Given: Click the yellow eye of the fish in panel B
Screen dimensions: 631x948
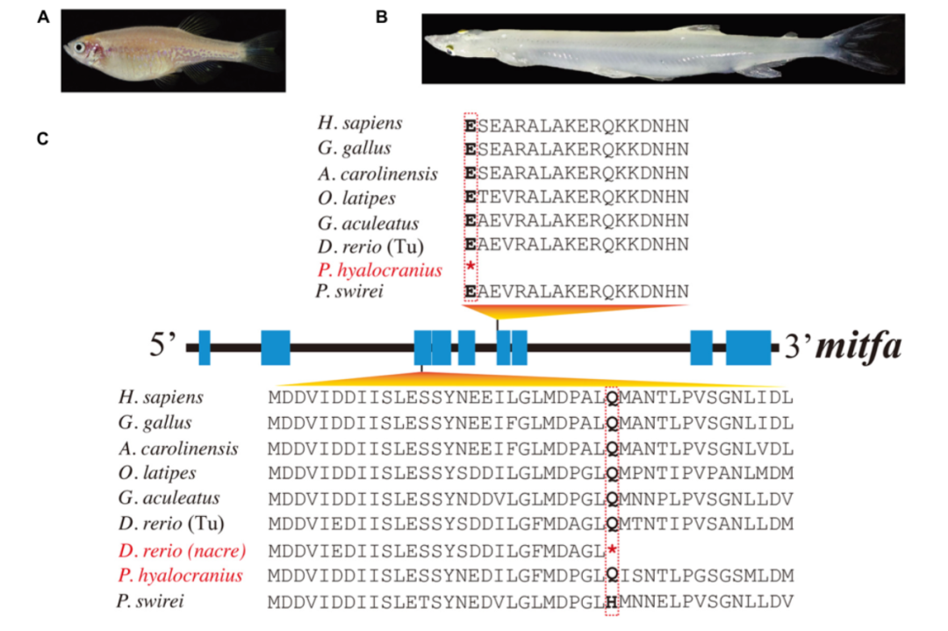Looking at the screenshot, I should [x=450, y=47].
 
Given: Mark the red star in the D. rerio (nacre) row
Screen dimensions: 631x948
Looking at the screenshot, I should [x=612, y=550].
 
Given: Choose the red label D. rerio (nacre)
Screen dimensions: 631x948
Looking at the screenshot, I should [x=182, y=550].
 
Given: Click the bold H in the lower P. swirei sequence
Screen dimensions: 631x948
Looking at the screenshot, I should [x=612, y=601].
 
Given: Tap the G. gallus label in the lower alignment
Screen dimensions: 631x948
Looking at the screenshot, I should [x=154, y=423].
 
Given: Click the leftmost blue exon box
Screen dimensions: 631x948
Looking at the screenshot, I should [x=205, y=348].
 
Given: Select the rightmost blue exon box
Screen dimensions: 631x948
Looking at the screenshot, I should [x=748, y=348].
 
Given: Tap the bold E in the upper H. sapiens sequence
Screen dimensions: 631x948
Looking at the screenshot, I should [x=471, y=125].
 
